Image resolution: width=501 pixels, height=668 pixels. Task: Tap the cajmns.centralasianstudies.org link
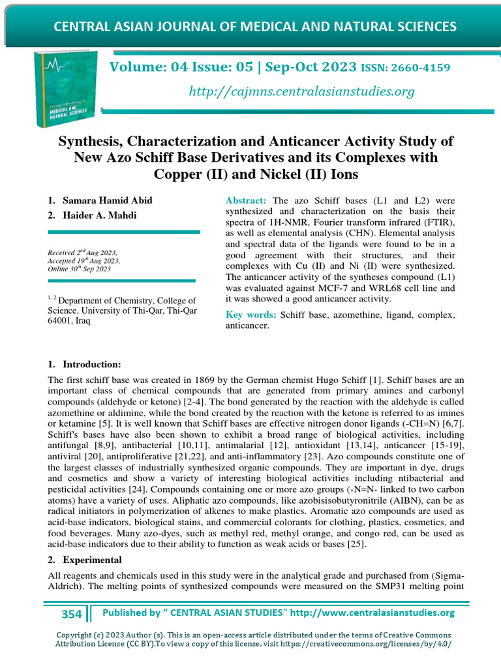pos(301,91)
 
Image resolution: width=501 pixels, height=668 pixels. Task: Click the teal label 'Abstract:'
pos(246,200)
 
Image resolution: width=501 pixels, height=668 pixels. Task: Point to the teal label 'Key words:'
pos(251,315)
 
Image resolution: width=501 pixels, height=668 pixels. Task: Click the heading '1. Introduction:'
pos(84,363)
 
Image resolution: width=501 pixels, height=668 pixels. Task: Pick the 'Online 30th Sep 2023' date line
pos(80,269)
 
